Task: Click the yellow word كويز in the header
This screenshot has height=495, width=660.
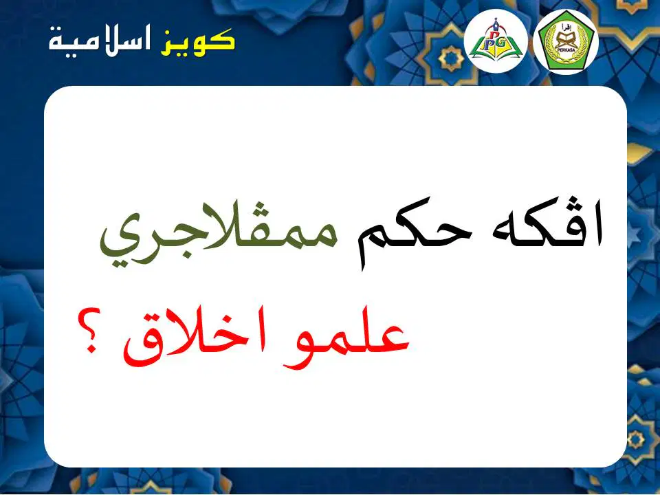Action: [197, 42]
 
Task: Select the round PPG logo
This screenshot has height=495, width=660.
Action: [496, 41]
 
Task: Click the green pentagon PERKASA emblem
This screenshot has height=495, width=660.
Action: [566, 41]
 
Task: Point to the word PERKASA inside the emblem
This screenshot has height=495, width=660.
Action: [565, 50]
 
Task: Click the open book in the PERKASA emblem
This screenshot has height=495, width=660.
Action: [565, 41]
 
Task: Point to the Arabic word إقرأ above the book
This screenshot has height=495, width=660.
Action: [565, 28]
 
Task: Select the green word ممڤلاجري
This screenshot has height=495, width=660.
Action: [219, 232]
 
